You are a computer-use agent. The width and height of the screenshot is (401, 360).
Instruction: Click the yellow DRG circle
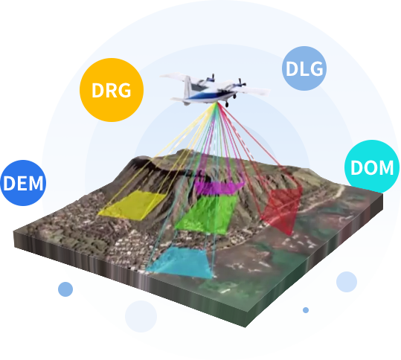click(x=112, y=90)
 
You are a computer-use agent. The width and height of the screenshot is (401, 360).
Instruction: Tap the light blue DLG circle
click(x=304, y=68)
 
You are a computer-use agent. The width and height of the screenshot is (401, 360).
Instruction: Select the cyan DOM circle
click(x=372, y=167)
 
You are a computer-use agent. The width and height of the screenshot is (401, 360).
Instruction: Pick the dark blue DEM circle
click(x=23, y=183)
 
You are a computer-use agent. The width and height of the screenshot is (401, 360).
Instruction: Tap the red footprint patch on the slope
click(x=283, y=210)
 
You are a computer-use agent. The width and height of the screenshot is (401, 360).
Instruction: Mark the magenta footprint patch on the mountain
click(x=219, y=187)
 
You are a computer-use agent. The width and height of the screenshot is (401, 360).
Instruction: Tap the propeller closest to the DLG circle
click(x=240, y=83)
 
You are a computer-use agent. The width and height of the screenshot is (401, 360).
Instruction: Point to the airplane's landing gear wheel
click(x=227, y=104)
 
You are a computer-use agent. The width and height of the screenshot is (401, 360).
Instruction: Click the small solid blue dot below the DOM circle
click(x=306, y=310)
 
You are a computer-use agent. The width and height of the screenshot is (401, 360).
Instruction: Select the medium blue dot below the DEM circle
click(x=65, y=289)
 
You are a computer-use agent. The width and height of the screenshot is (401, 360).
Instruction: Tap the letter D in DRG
click(x=97, y=90)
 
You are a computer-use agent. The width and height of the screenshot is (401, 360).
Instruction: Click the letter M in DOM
click(x=385, y=168)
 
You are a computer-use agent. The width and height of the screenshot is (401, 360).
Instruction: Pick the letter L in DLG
click(x=304, y=68)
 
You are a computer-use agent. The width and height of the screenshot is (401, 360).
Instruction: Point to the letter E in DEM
click(x=23, y=183)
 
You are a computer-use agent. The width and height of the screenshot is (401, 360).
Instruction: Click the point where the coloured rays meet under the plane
click(x=217, y=103)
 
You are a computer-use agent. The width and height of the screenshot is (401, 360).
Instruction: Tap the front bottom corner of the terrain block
click(x=245, y=327)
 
